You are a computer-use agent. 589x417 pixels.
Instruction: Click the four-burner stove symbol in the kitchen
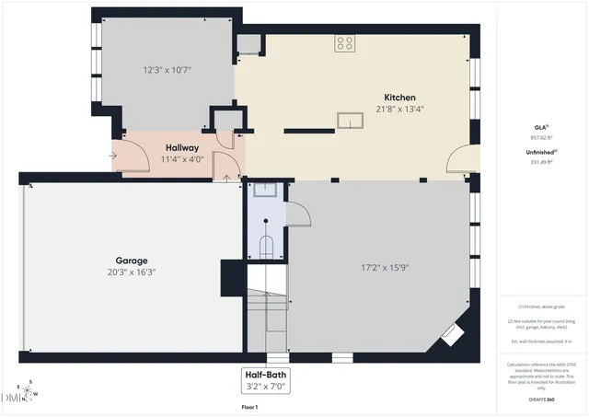pos(345,42)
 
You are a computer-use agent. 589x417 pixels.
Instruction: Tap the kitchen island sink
pos(351,122)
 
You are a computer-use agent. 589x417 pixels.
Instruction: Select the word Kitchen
pos(400,98)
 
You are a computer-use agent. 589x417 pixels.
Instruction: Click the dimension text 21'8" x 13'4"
pos(400,109)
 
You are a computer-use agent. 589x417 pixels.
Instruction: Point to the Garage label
pos(132,261)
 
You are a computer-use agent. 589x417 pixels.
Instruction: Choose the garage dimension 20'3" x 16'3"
pos(132,272)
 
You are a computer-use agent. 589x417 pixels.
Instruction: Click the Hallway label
pos(182,147)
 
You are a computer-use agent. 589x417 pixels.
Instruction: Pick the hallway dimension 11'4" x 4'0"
pos(182,158)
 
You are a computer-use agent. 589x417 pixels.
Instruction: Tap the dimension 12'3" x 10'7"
pos(167,69)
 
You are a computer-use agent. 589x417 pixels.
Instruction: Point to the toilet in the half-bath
pos(266,245)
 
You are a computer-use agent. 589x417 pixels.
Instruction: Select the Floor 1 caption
pos(249,406)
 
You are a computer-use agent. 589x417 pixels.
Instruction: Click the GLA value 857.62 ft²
pos(541,136)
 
